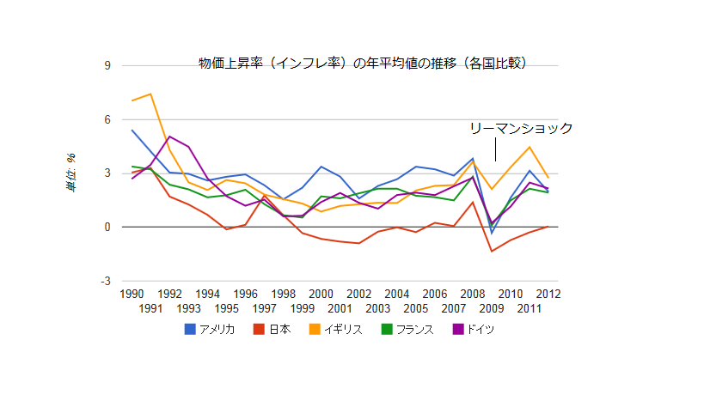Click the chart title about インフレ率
click(x=362, y=63)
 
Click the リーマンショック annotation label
click(x=521, y=129)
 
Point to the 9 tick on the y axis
click(x=107, y=66)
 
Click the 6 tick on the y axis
click(x=107, y=119)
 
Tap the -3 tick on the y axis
click(x=106, y=281)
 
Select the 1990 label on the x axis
click(x=132, y=294)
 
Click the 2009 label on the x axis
click(x=492, y=308)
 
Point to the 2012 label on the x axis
click(x=548, y=294)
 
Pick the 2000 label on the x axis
click(x=321, y=294)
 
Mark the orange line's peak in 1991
click(x=150, y=94)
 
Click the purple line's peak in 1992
click(x=169, y=136)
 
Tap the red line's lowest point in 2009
click(x=492, y=251)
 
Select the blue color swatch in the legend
click(x=190, y=329)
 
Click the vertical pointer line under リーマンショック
click(x=495, y=150)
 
